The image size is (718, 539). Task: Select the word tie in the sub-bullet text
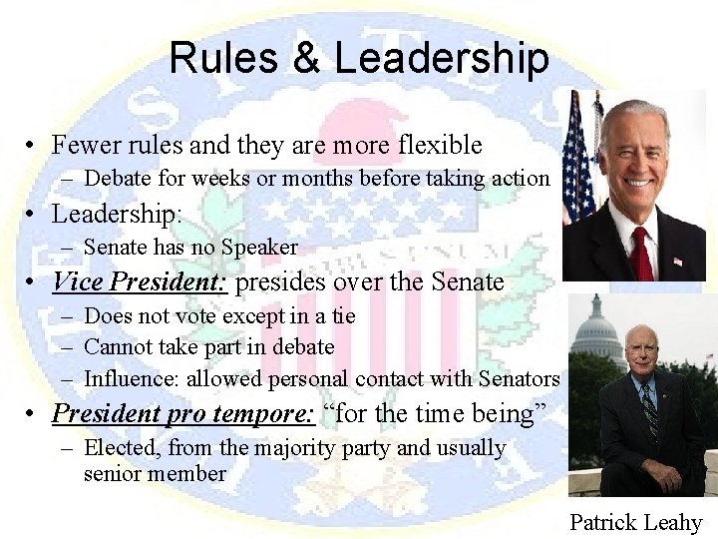[343, 315]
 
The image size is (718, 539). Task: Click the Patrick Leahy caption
[635, 522]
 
